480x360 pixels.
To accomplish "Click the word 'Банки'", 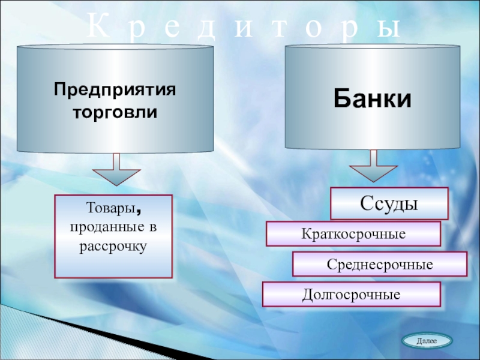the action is pyautogui.click(x=373, y=99).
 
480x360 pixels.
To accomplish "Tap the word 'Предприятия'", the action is pyautogui.click(x=115, y=91).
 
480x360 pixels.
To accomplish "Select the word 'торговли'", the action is pyautogui.click(x=115, y=112).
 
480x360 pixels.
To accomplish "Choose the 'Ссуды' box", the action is pyautogui.click(x=389, y=203).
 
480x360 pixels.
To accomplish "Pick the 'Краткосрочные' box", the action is pyautogui.click(x=353, y=233).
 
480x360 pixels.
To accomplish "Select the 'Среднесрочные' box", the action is pyautogui.click(x=380, y=264).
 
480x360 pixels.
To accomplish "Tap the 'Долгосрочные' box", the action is pyautogui.click(x=352, y=295).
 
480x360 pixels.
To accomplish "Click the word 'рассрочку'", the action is pyautogui.click(x=113, y=245).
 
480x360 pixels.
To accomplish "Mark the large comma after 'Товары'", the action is pyautogui.click(x=139, y=212).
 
